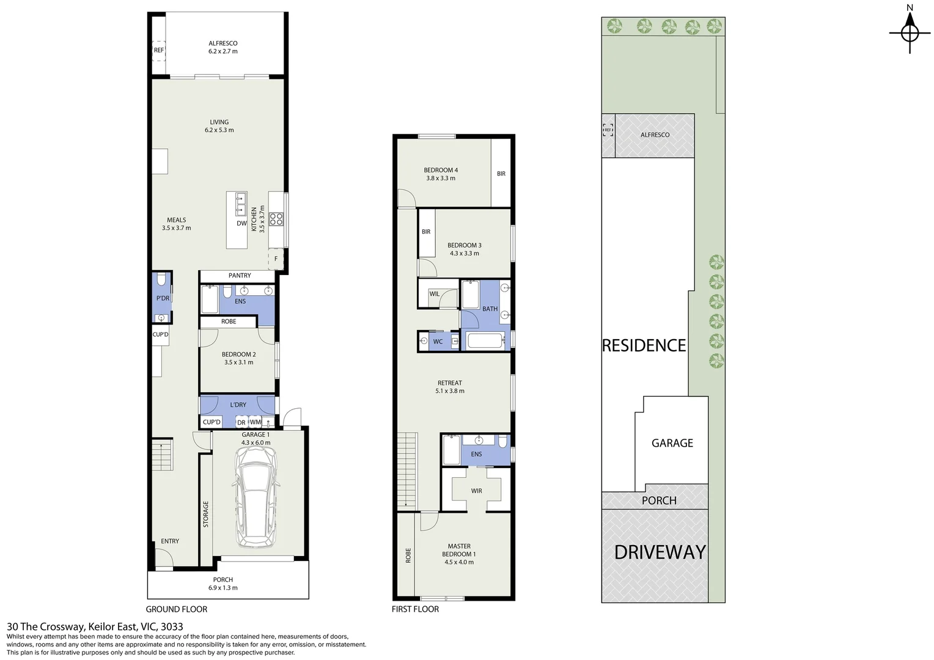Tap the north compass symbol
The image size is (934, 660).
(x=910, y=32)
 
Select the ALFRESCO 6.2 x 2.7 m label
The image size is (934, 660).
(x=222, y=48)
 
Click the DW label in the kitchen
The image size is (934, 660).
(x=241, y=224)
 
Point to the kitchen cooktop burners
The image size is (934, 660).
(x=276, y=218)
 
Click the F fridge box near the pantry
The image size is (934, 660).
(x=276, y=258)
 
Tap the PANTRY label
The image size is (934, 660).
(x=240, y=276)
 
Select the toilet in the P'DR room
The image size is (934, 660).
(x=161, y=280)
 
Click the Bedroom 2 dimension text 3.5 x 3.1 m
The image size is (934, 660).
(x=238, y=362)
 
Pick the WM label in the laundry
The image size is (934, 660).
(x=255, y=422)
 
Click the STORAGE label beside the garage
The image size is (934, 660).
(x=206, y=514)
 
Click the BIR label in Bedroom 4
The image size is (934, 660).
(x=501, y=174)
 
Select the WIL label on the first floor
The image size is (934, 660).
(x=435, y=294)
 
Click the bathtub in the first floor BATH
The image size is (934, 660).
(x=486, y=340)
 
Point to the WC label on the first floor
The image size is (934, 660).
(x=438, y=342)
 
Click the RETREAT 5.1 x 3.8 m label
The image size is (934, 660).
(x=450, y=387)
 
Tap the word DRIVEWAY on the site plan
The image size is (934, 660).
(x=660, y=552)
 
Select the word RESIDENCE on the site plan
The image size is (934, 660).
(x=644, y=346)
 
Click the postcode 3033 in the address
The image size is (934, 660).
(x=172, y=626)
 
